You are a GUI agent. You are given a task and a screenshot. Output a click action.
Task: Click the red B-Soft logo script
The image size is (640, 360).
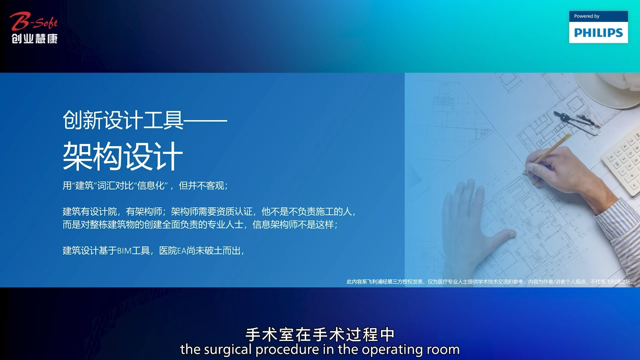(x=34, y=21)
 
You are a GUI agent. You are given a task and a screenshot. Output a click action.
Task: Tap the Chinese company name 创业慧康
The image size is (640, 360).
(x=35, y=39)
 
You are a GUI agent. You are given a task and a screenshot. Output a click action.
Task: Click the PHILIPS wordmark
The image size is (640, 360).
(x=598, y=33)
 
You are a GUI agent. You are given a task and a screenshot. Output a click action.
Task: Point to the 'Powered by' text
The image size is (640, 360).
(x=587, y=16)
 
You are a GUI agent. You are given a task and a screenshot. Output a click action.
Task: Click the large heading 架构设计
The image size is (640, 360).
(x=123, y=156)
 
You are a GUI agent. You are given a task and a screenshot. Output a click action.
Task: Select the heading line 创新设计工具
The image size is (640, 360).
(x=123, y=120)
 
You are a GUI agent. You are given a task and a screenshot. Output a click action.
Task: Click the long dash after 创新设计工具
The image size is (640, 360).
(x=206, y=120)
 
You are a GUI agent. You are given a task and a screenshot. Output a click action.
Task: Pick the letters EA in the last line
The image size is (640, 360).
(x=182, y=251)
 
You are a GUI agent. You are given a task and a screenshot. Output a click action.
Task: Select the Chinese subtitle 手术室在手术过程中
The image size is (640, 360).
(x=320, y=334)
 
